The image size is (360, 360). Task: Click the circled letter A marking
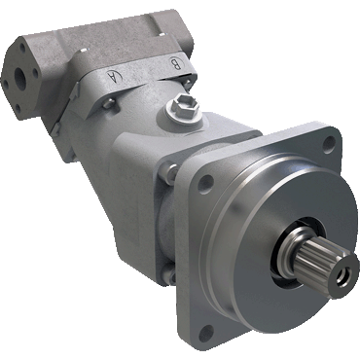click(114, 77)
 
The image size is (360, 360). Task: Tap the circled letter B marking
click(175, 64)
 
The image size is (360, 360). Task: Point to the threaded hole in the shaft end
click(342, 276)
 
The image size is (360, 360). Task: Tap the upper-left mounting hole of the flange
click(206, 182)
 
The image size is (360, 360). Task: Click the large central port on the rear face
click(20, 76)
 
